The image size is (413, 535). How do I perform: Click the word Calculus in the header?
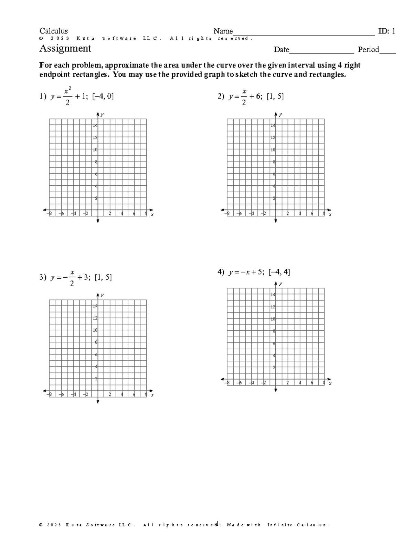pyautogui.click(x=53, y=31)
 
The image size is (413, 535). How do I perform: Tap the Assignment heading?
pyautogui.click(x=65, y=49)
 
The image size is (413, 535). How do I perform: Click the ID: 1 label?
pyautogui.click(x=386, y=31)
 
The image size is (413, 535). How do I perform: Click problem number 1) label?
pyautogui.click(x=42, y=97)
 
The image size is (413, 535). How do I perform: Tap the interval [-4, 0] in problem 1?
pyautogui.click(x=103, y=97)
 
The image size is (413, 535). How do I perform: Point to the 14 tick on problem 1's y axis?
pyautogui.click(x=95, y=125)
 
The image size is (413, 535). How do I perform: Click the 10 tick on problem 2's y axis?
pyautogui.click(x=273, y=150)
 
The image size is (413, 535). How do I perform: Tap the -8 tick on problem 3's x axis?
pyautogui.click(x=50, y=395)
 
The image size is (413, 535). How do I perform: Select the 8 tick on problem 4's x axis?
pyautogui.click(x=324, y=383)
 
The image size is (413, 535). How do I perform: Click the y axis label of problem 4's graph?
pyautogui.click(x=280, y=284)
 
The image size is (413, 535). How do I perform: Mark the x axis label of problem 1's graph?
pyautogui.click(x=152, y=214)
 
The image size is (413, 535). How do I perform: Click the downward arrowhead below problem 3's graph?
pyautogui.click(x=98, y=402)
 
